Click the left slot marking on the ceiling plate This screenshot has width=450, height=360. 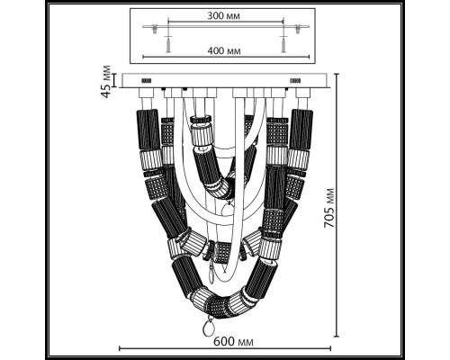tap(148, 80)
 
